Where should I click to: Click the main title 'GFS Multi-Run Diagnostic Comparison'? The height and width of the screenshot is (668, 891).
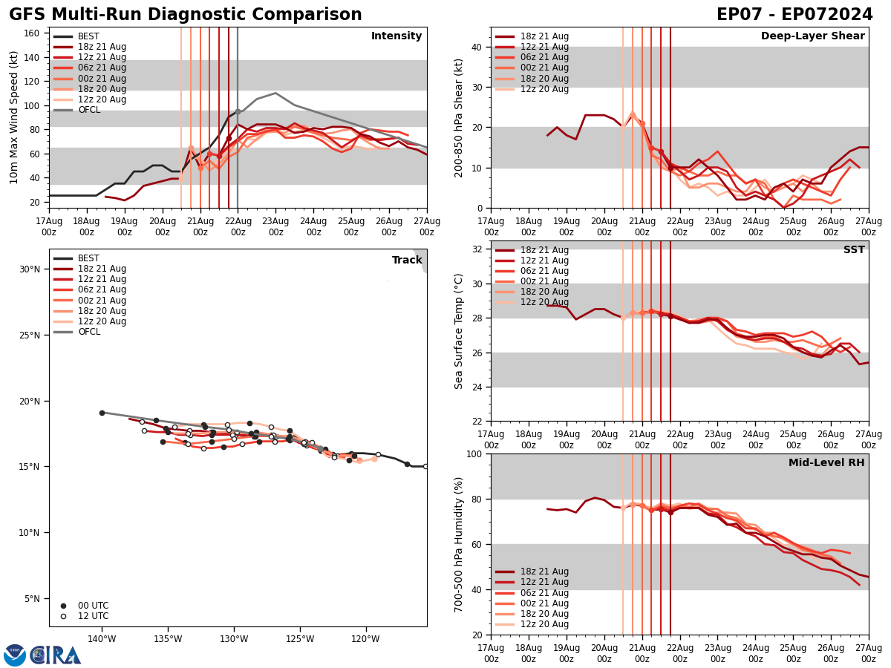(x=186, y=15)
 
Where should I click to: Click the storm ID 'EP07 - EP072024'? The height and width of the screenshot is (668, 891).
(x=794, y=15)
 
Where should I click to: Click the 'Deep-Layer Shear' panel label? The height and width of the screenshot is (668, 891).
(x=812, y=36)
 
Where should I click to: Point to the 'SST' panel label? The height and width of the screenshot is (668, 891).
(x=854, y=250)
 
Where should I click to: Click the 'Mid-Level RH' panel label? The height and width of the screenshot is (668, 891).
(x=826, y=463)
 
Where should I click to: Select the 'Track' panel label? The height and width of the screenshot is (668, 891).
(x=406, y=261)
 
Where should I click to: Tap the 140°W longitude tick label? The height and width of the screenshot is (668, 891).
(x=102, y=638)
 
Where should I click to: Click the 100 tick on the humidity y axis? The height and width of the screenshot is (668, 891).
(x=472, y=453)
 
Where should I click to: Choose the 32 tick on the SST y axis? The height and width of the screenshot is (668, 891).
(x=476, y=249)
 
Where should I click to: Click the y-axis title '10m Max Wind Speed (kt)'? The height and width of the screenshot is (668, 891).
(x=14, y=117)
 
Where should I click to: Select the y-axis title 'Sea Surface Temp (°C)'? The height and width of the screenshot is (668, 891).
(x=459, y=331)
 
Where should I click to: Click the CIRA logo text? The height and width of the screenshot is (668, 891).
(x=56, y=655)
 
